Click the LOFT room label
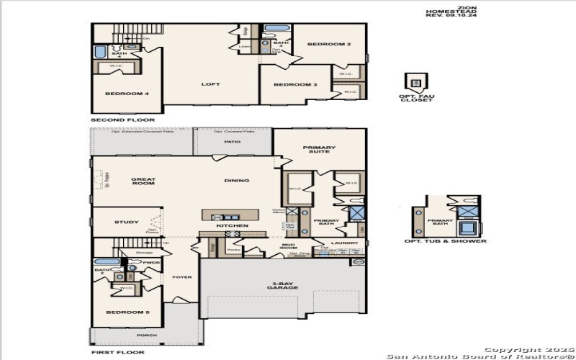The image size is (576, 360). pyautogui.click(x=210, y=84)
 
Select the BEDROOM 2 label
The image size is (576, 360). pyautogui.click(x=328, y=45)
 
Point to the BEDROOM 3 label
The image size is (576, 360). pyautogui.click(x=295, y=85)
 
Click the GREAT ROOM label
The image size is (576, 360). pyautogui.click(x=143, y=182)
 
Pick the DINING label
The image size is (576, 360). pyautogui.click(x=237, y=181)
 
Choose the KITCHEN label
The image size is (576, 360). pyautogui.click(x=233, y=226)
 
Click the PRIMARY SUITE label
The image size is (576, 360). pyautogui.click(x=320, y=149)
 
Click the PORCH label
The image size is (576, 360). pyautogui.click(x=147, y=335)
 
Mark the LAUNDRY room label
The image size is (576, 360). pyautogui.click(x=345, y=243)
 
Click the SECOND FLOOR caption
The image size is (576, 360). pyautogui.click(x=114, y=119)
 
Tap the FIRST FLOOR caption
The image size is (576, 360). pyautogui.click(x=117, y=352)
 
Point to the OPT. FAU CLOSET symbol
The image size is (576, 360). pyautogui.click(x=415, y=81)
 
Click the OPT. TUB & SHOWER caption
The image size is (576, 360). pyautogui.click(x=444, y=241)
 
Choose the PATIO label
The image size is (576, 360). pyautogui.click(x=232, y=142)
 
